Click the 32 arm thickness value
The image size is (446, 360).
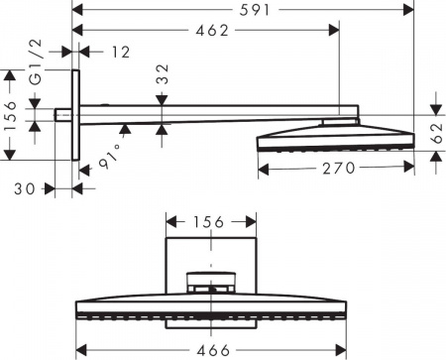click(x=163, y=75)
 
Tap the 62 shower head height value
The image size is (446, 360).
click(x=437, y=133)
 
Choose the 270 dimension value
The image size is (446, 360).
click(x=335, y=169)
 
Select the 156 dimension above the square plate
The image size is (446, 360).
click(x=209, y=222)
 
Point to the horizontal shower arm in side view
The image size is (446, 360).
click(x=208, y=114)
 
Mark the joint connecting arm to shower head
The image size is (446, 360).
click(x=335, y=121)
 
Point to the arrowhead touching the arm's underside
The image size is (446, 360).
click(x=125, y=126)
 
